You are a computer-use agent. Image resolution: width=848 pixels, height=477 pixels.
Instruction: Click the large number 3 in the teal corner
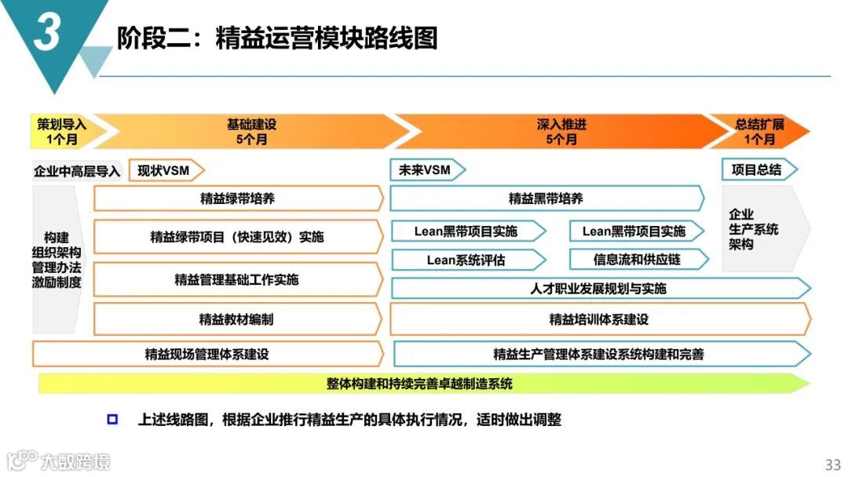(47, 32)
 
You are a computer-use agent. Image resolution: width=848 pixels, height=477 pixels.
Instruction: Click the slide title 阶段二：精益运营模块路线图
(276, 38)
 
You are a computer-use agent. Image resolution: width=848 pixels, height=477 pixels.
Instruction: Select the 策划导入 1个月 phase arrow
(61, 132)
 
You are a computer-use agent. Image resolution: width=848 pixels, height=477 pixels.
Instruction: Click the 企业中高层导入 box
(77, 171)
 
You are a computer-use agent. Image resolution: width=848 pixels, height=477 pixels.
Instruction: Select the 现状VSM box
(164, 170)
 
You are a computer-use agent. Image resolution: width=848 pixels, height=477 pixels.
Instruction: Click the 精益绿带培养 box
(237, 198)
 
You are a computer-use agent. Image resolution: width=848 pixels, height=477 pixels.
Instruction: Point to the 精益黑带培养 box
(546, 198)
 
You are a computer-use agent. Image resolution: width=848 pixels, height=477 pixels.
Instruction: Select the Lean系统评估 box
(466, 260)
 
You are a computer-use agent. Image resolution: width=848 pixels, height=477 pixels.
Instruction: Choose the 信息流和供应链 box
(637, 260)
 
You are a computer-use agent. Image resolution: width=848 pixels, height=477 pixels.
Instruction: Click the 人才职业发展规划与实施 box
(598, 289)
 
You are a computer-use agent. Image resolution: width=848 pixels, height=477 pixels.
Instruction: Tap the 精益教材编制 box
(236, 319)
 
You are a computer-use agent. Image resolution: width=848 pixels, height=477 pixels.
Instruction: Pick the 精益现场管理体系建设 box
(207, 354)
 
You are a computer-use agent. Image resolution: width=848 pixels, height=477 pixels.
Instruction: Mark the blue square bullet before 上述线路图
(112, 420)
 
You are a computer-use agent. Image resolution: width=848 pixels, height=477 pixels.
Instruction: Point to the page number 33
(832, 464)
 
